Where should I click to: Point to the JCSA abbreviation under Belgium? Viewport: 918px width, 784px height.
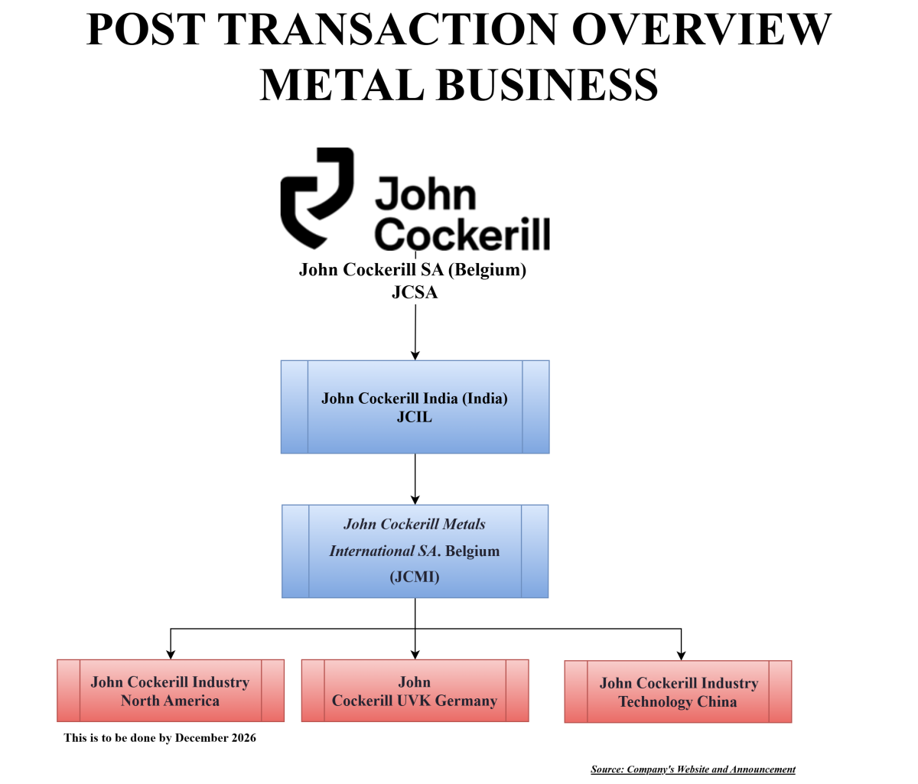pyautogui.click(x=415, y=292)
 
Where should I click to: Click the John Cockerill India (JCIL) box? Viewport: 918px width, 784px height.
pyautogui.click(x=415, y=407)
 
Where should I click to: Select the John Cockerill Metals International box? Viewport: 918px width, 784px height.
pyautogui.click(x=415, y=551)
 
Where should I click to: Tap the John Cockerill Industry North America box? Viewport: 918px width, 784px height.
pyautogui.click(x=170, y=691)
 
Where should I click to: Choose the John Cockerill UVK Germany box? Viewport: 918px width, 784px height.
pyautogui.click(x=415, y=691)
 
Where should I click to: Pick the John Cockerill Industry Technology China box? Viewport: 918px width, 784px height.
pyautogui.click(x=678, y=691)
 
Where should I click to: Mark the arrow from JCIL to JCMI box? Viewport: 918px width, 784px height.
pyautogui.click(x=415, y=479)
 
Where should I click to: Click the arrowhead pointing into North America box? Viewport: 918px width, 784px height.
pyautogui.click(x=171, y=654)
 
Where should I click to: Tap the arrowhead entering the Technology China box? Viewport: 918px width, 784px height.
pyautogui.click(x=681, y=655)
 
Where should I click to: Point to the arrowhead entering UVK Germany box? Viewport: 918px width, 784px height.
pyautogui.click(x=415, y=654)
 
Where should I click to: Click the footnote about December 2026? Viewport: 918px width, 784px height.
pyautogui.click(x=160, y=738)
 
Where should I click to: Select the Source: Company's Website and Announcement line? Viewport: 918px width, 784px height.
pyautogui.click(x=693, y=769)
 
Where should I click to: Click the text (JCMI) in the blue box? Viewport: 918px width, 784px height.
pyautogui.click(x=415, y=577)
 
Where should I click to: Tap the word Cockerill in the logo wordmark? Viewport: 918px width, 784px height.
pyautogui.click(x=462, y=233)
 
